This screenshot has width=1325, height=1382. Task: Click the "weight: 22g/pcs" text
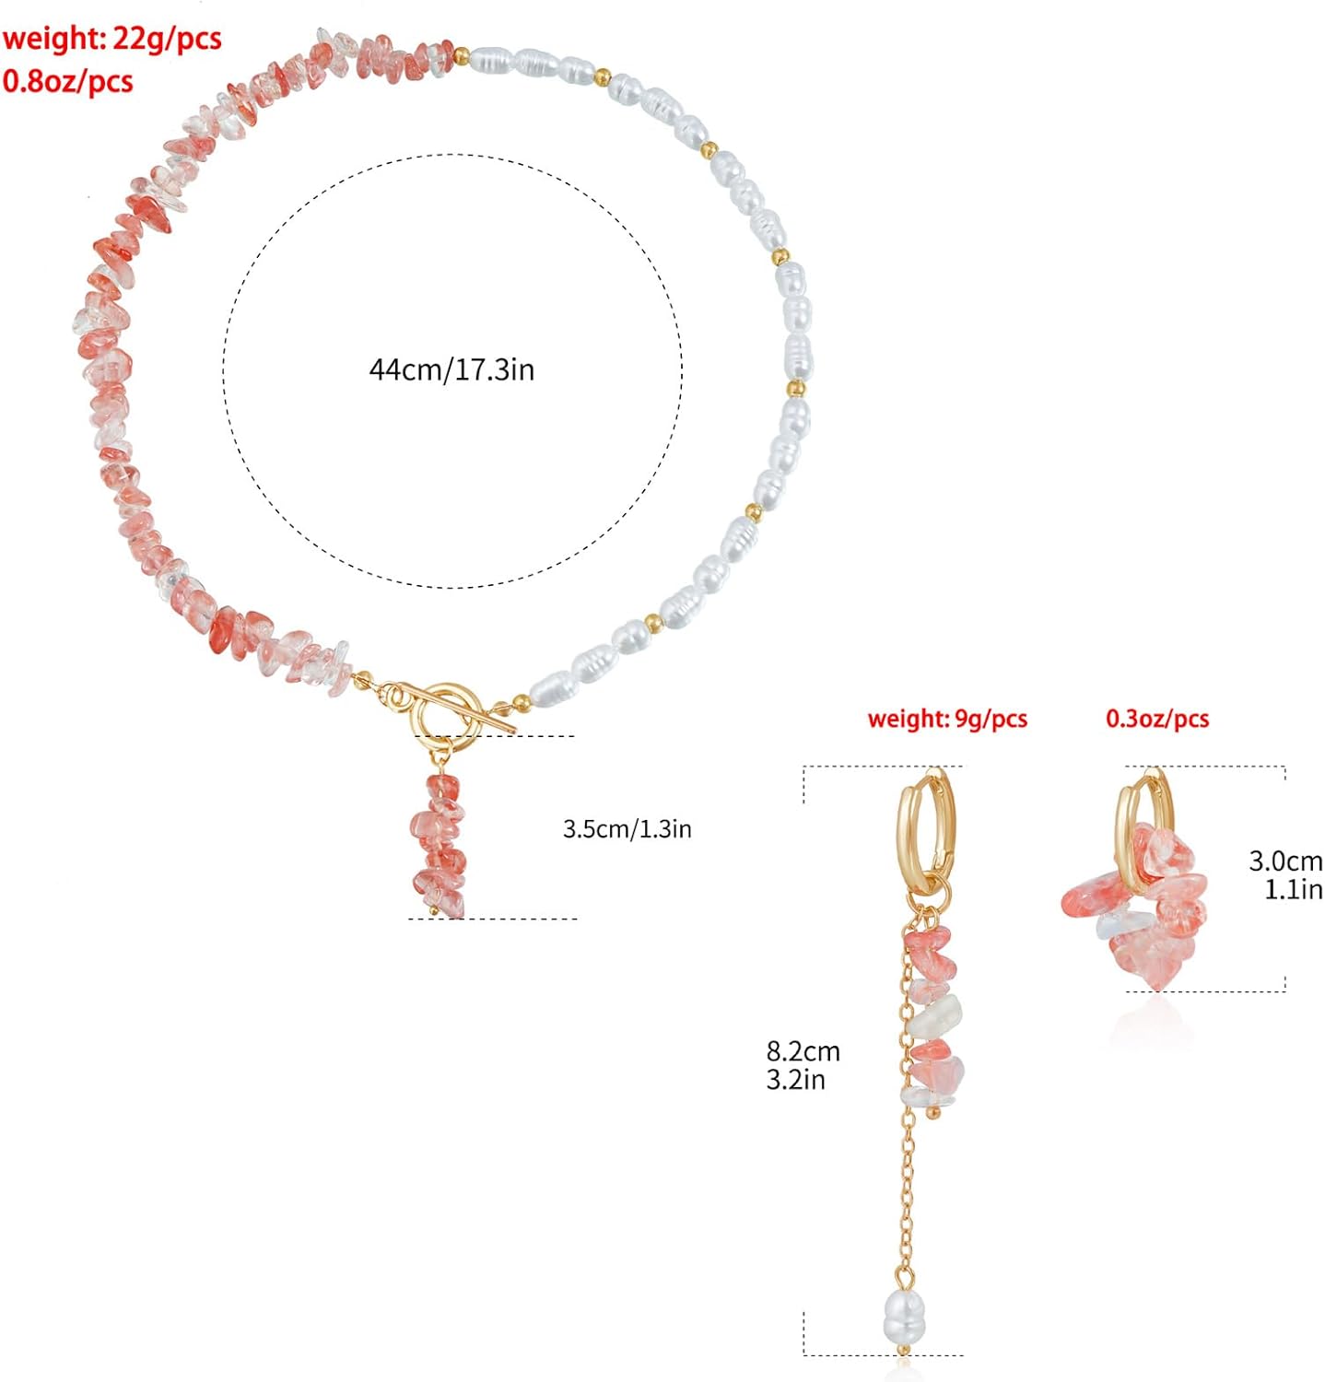(111, 39)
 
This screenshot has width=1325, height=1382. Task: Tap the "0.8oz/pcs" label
(68, 81)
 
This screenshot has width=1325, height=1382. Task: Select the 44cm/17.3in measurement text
(451, 369)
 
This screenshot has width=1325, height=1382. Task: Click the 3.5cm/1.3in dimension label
(627, 828)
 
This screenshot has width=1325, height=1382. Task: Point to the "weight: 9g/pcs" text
(947, 719)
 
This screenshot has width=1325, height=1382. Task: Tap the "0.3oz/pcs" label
(1157, 719)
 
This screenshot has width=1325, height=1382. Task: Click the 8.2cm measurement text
(803, 1051)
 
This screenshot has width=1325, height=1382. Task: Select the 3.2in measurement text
(796, 1079)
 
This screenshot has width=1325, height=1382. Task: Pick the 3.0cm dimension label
(1285, 861)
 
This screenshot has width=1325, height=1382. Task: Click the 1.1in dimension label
(1294, 889)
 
